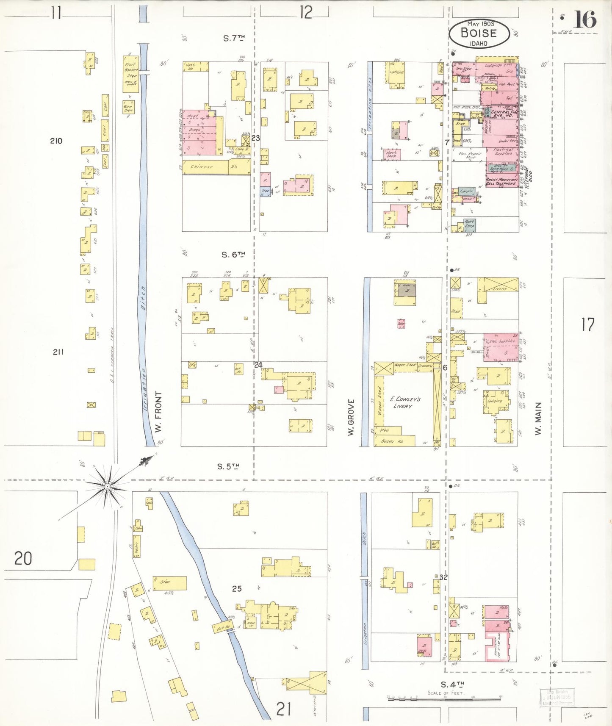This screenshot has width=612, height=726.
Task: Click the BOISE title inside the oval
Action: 478,33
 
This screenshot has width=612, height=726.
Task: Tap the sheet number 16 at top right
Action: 585,19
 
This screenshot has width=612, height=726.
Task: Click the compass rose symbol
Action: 108,487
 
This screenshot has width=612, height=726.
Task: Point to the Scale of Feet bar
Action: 445,698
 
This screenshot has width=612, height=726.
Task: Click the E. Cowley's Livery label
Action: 404,402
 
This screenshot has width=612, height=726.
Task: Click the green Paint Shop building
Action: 469,224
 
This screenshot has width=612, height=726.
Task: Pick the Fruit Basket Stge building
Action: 130,74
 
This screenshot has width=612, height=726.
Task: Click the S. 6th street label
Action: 233,255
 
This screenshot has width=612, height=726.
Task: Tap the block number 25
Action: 237,588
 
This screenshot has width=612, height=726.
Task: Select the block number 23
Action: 255,138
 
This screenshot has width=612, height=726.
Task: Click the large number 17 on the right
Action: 587,325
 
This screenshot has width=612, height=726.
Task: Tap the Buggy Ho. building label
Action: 393,441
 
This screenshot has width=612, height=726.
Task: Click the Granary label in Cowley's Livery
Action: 425,366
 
